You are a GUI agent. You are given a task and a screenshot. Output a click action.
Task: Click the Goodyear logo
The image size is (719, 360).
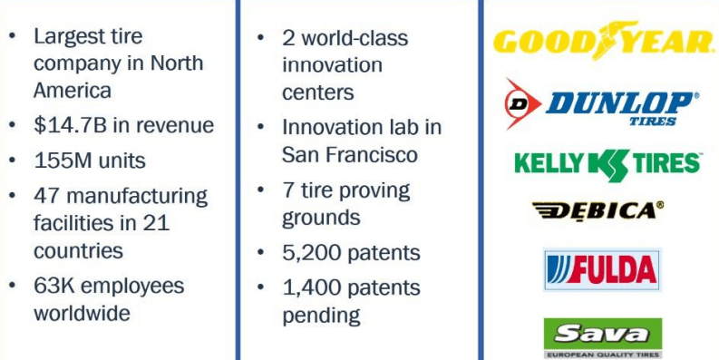click(x=604, y=42)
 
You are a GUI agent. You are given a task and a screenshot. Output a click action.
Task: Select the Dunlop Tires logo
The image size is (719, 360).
click(x=602, y=104)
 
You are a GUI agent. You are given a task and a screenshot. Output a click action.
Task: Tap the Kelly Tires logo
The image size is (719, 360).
click(x=608, y=164)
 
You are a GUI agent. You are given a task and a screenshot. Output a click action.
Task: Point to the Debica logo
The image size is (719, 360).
click(x=598, y=210)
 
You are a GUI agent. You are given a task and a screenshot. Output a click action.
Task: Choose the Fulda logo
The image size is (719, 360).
click(x=602, y=269)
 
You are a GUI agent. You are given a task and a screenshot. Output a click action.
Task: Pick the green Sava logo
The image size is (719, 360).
click(x=603, y=338)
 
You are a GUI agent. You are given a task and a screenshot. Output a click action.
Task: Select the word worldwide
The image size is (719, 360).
click(x=83, y=313)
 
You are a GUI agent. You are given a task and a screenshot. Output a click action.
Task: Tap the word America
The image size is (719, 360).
click(x=73, y=90)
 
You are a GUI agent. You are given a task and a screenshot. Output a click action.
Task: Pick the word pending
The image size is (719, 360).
click(x=321, y=316)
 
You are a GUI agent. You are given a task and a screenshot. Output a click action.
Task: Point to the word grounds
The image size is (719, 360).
click(x=321, y=219)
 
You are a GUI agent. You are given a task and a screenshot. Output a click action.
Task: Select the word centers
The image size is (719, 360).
click(x=317, y=92)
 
